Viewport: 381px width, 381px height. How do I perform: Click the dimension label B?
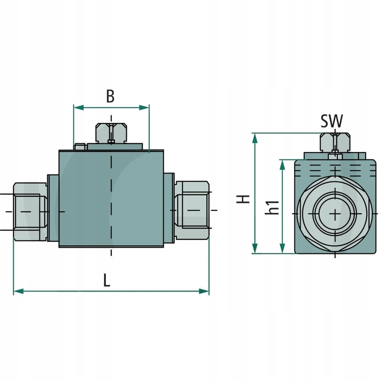(x=110, y=96)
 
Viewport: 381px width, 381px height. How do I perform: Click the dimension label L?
(x=107, y=280)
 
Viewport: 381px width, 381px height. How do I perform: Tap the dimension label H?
(x=244, y=199)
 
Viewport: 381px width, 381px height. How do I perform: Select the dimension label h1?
(x=272, y=208)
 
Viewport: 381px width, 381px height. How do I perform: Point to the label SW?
(x=331, y=121)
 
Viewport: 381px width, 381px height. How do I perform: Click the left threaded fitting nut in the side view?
(x=30, y=211)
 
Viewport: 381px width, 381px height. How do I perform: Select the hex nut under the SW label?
(x=335, y=141)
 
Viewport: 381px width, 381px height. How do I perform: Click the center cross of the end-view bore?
(x=335, y=214)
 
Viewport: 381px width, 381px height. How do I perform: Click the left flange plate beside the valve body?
(x=53, y=208)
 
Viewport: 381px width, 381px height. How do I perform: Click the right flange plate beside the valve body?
(x=169, y=208)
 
